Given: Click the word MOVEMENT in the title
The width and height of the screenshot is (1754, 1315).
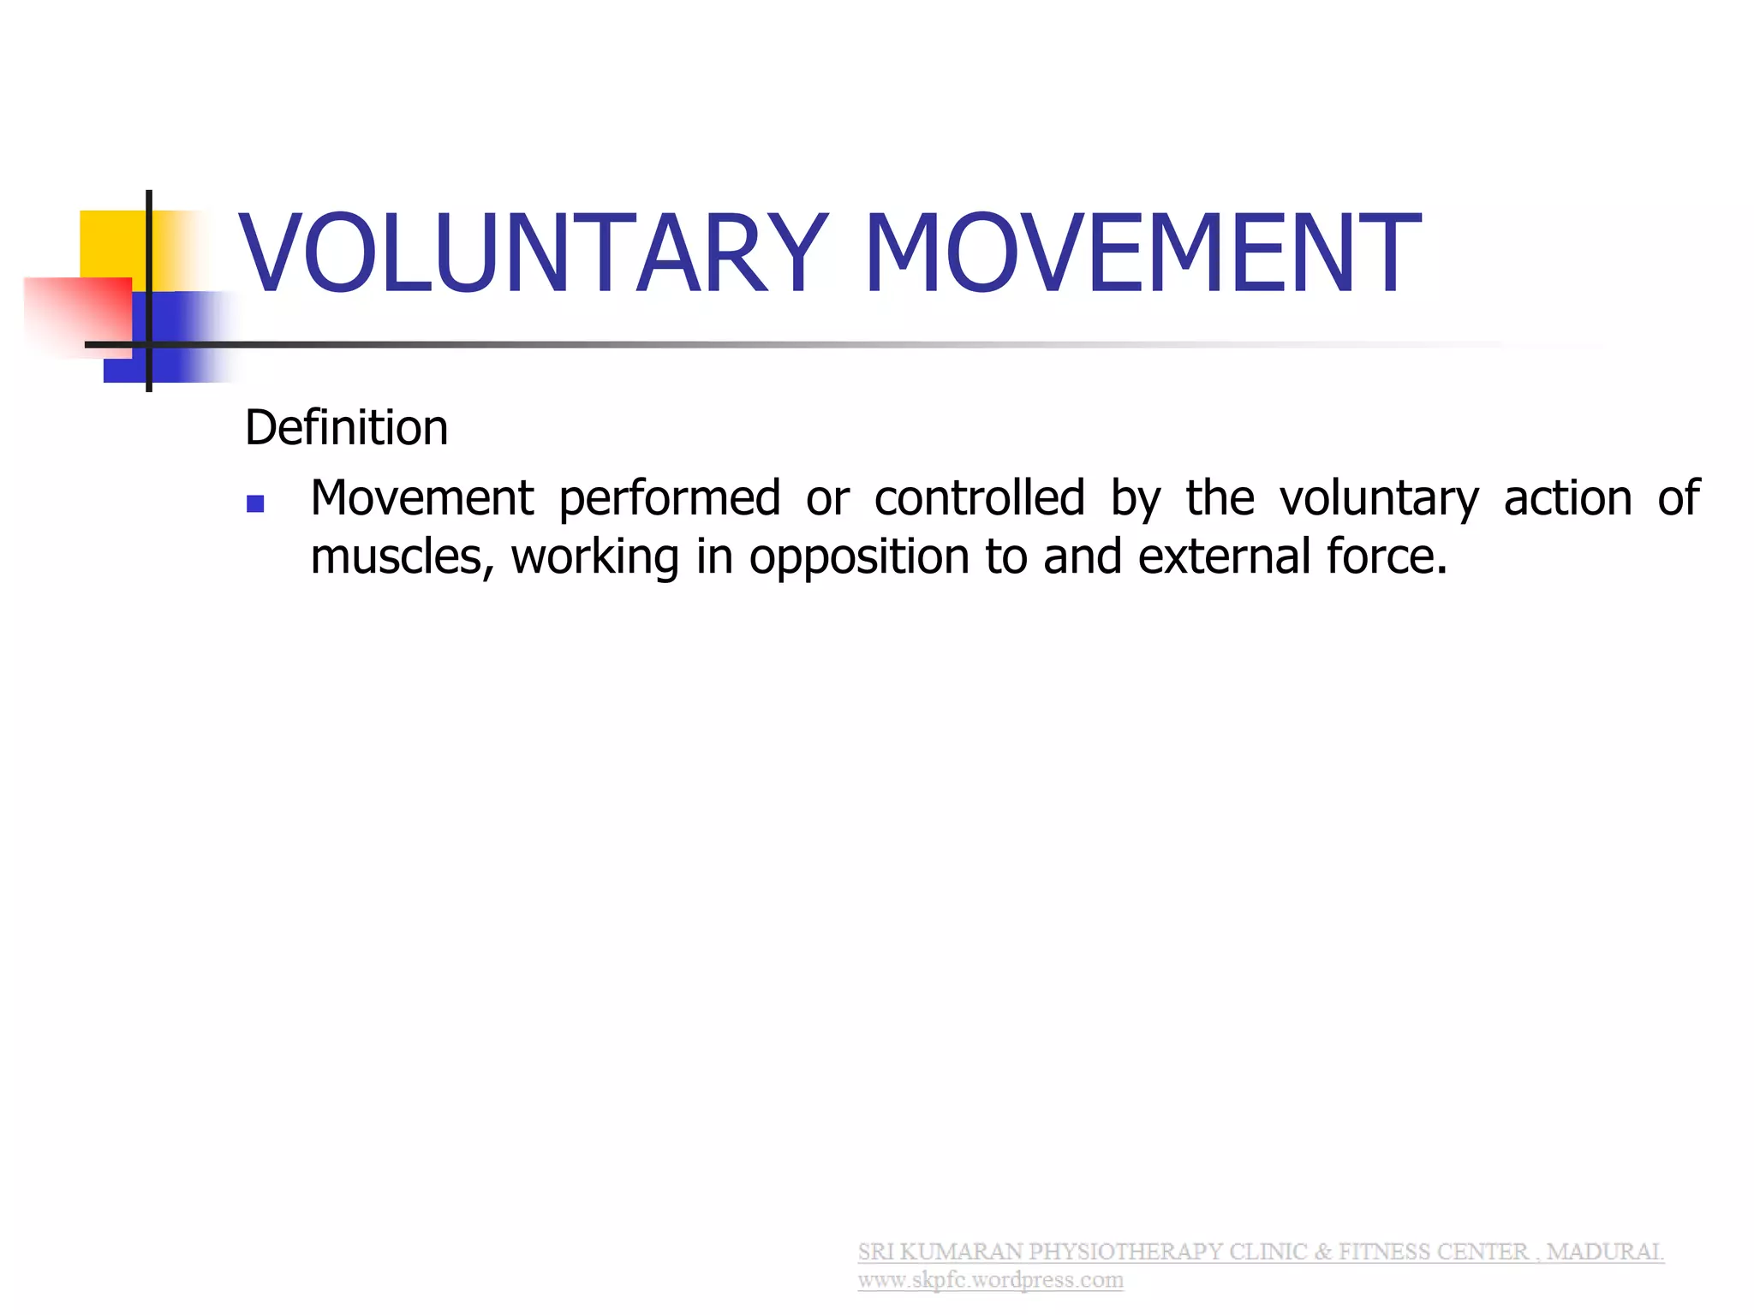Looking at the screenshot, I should point(1142,253).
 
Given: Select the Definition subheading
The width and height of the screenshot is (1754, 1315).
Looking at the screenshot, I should point(346,427).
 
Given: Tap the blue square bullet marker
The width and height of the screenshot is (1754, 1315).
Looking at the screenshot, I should point(255,503).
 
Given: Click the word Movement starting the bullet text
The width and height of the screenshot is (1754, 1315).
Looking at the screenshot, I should point(421,497).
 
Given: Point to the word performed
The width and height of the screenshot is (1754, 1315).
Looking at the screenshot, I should point(670,499).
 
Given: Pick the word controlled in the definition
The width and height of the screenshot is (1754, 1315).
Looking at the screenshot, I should point(980,497).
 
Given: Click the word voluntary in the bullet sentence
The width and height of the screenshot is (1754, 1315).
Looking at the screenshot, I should point(1379,499).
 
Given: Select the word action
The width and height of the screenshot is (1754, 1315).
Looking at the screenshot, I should point(1568,497).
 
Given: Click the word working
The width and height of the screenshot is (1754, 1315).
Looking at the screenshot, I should point(595,557).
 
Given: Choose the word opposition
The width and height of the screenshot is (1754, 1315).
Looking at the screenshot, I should point(859,557).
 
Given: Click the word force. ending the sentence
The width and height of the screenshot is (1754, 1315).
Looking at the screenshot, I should point(1387,556).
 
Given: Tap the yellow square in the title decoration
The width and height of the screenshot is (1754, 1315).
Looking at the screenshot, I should point(111,243).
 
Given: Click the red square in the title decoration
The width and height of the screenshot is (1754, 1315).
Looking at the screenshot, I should point(77,312).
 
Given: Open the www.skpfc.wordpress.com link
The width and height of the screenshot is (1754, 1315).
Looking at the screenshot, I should point(990,1280).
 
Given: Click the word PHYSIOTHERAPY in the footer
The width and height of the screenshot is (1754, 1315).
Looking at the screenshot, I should point(1125,1252).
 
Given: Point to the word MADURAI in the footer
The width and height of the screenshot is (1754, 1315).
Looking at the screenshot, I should point(1604,1252).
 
